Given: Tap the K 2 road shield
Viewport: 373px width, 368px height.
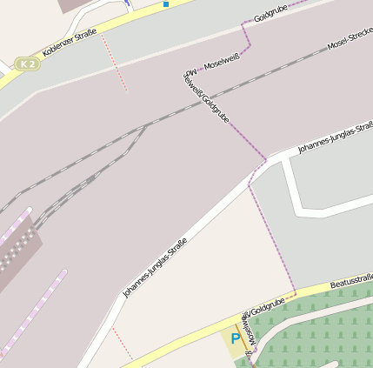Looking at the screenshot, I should click(x=29, y=64).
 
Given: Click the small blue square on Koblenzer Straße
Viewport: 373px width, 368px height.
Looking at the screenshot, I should click(x=166, y=4).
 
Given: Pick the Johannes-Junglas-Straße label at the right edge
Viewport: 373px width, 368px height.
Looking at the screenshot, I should click(x=336, y=137).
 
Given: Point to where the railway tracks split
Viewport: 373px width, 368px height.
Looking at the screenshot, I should click(x=144, y=127).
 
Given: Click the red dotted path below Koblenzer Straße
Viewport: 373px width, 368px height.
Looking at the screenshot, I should click(x=115, y=64).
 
